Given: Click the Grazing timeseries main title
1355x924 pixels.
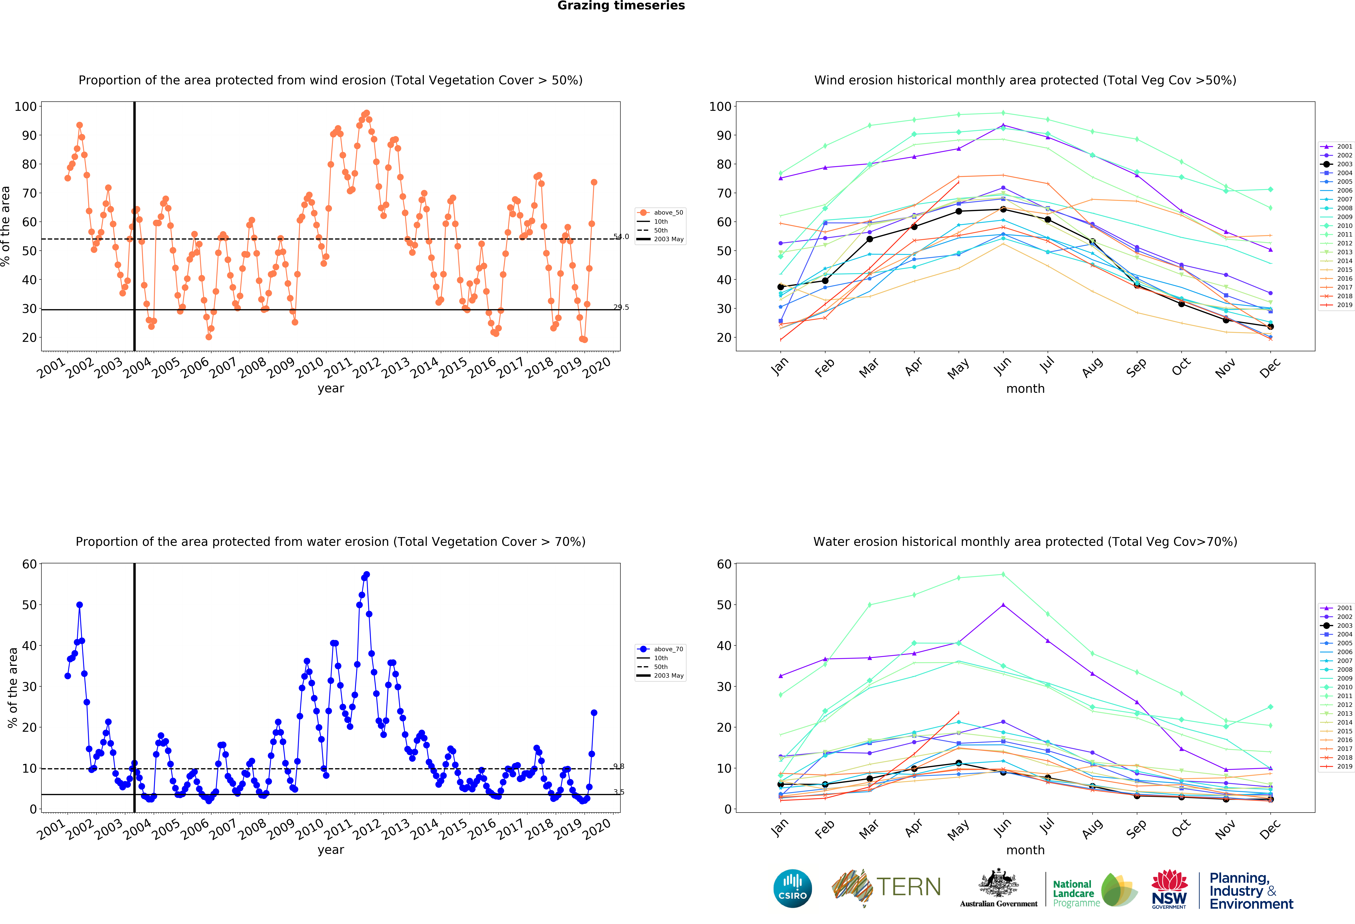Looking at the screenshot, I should point(621,6).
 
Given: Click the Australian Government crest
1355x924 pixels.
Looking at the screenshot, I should point(999,884).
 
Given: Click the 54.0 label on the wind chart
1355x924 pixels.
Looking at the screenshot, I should point(621,236).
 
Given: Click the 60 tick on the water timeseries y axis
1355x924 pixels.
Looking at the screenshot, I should point(29,564).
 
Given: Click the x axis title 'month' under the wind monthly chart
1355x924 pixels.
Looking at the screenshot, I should point(1025,388).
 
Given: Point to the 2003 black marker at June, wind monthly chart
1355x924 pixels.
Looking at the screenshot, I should point(1003,209).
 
